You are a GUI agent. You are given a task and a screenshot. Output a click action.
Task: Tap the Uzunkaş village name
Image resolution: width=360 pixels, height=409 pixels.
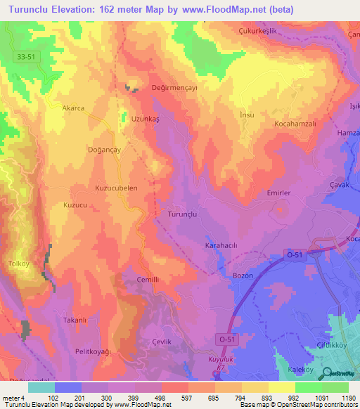(x=146, y=119)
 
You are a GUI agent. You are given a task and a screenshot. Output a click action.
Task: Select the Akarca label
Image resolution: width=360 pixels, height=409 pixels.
(x=74, y=108)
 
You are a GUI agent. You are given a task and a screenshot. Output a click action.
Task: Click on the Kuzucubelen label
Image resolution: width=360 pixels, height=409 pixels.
(x=116, y=188)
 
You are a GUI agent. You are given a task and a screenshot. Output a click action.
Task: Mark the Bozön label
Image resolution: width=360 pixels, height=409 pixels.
(x=243, y=276)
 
